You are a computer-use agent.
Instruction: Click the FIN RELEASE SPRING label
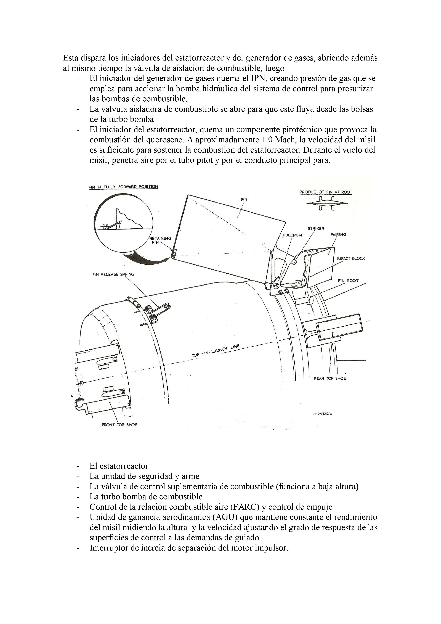(113, 274)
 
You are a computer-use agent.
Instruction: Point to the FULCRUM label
(292, 235)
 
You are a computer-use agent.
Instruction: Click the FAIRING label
(338, 234)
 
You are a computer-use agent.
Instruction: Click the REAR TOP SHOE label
(330, 378)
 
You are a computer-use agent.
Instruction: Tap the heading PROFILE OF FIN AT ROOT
(326, 192)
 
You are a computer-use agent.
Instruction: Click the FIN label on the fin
(244, 199)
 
